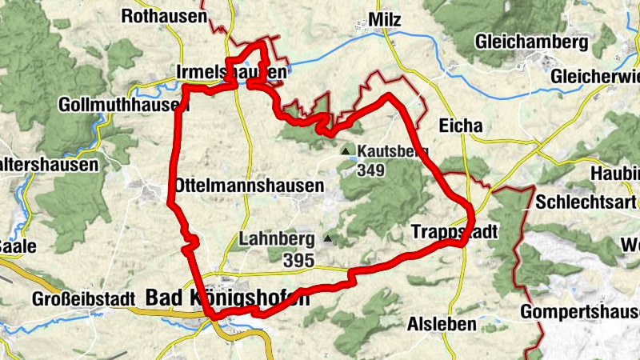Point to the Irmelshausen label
[230, 73]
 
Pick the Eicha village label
[462, 126]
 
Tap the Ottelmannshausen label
[249, 186]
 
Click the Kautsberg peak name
[394, 150]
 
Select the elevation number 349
[372, 170]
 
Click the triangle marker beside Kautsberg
[346, 150]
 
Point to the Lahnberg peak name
[277, 239]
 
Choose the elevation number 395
[298, 259]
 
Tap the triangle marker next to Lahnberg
[326, 238]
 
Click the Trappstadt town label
[454, 231]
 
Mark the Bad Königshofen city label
[226, 298]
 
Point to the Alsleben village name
[442, 324]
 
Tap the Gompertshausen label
[579, 311]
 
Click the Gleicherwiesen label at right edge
[596, 76]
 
